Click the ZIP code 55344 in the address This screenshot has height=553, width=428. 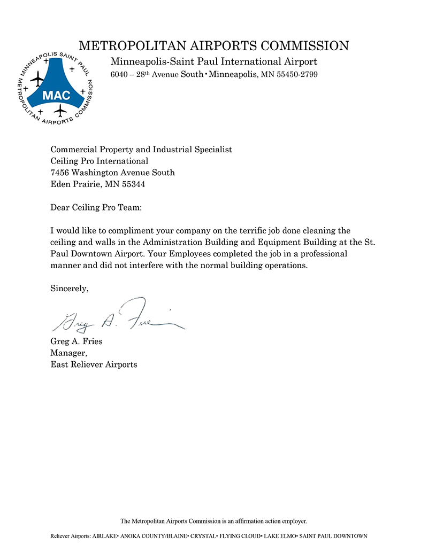[133, 184]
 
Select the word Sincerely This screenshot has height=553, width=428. [69, 289]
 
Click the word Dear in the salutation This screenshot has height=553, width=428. [60, 207]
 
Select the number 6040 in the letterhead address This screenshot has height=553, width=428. [119, 75]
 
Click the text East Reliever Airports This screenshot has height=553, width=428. [94, 364]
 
